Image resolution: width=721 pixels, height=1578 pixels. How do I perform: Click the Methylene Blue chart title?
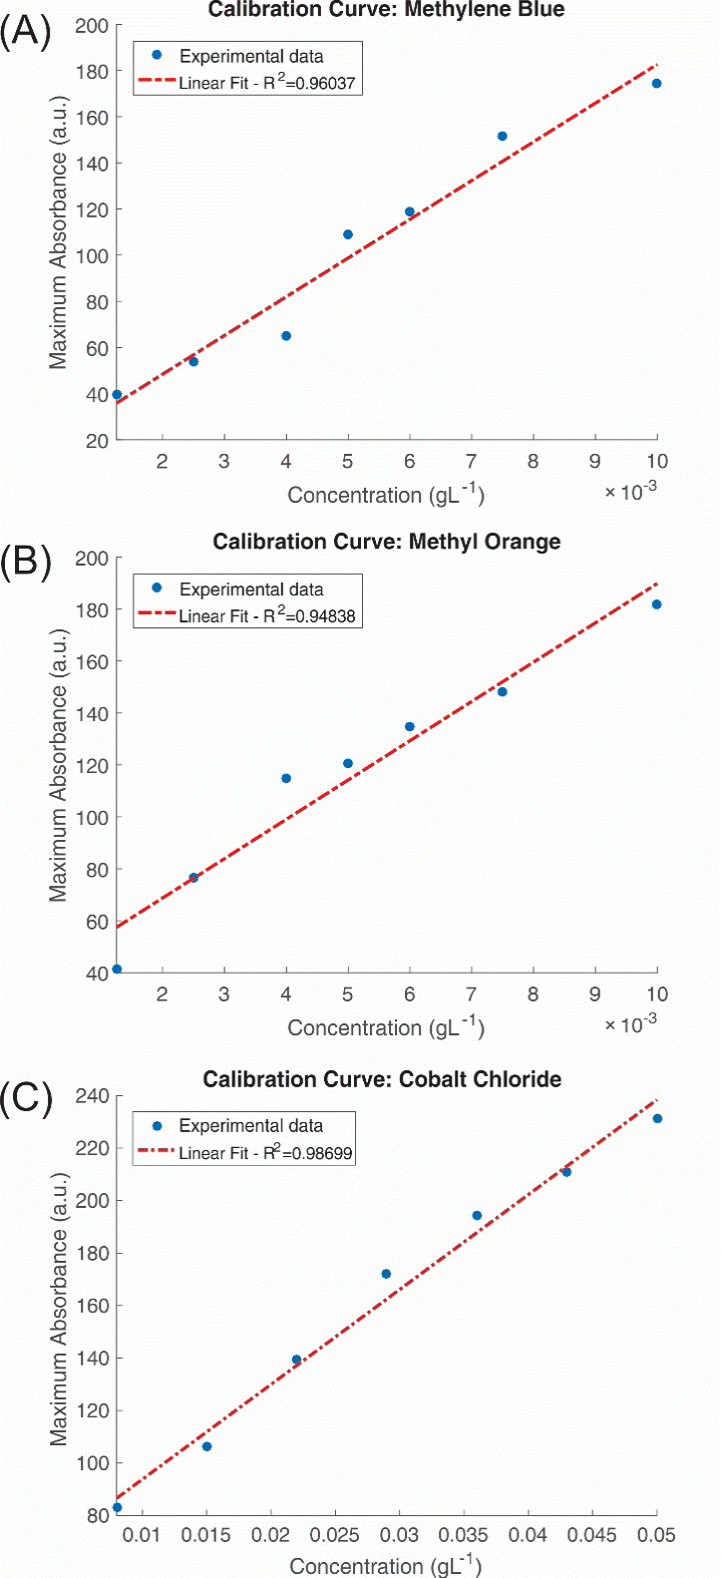386,10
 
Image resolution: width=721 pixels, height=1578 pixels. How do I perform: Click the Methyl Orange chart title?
386,542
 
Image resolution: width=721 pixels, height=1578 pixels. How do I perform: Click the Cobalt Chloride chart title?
382,1079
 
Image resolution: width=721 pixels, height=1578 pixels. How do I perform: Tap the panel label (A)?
25,32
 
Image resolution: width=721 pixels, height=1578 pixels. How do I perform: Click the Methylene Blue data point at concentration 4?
286,336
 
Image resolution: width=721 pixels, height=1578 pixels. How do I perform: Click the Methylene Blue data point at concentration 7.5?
502,137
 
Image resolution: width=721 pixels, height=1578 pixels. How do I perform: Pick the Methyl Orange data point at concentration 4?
286,778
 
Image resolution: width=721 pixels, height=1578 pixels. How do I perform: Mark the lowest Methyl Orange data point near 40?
117,969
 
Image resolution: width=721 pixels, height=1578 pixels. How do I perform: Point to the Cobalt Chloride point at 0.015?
206,1446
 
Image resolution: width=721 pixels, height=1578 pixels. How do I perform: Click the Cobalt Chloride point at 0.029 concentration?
386,1274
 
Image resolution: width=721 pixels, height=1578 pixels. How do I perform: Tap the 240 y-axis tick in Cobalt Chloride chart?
93,1095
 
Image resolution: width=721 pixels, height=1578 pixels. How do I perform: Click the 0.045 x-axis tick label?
591,1535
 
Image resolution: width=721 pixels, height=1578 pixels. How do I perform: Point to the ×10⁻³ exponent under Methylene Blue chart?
630,492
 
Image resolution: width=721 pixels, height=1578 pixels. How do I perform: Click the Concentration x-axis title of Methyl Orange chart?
386,1027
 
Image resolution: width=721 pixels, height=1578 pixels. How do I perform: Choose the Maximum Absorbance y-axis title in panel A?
59,231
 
